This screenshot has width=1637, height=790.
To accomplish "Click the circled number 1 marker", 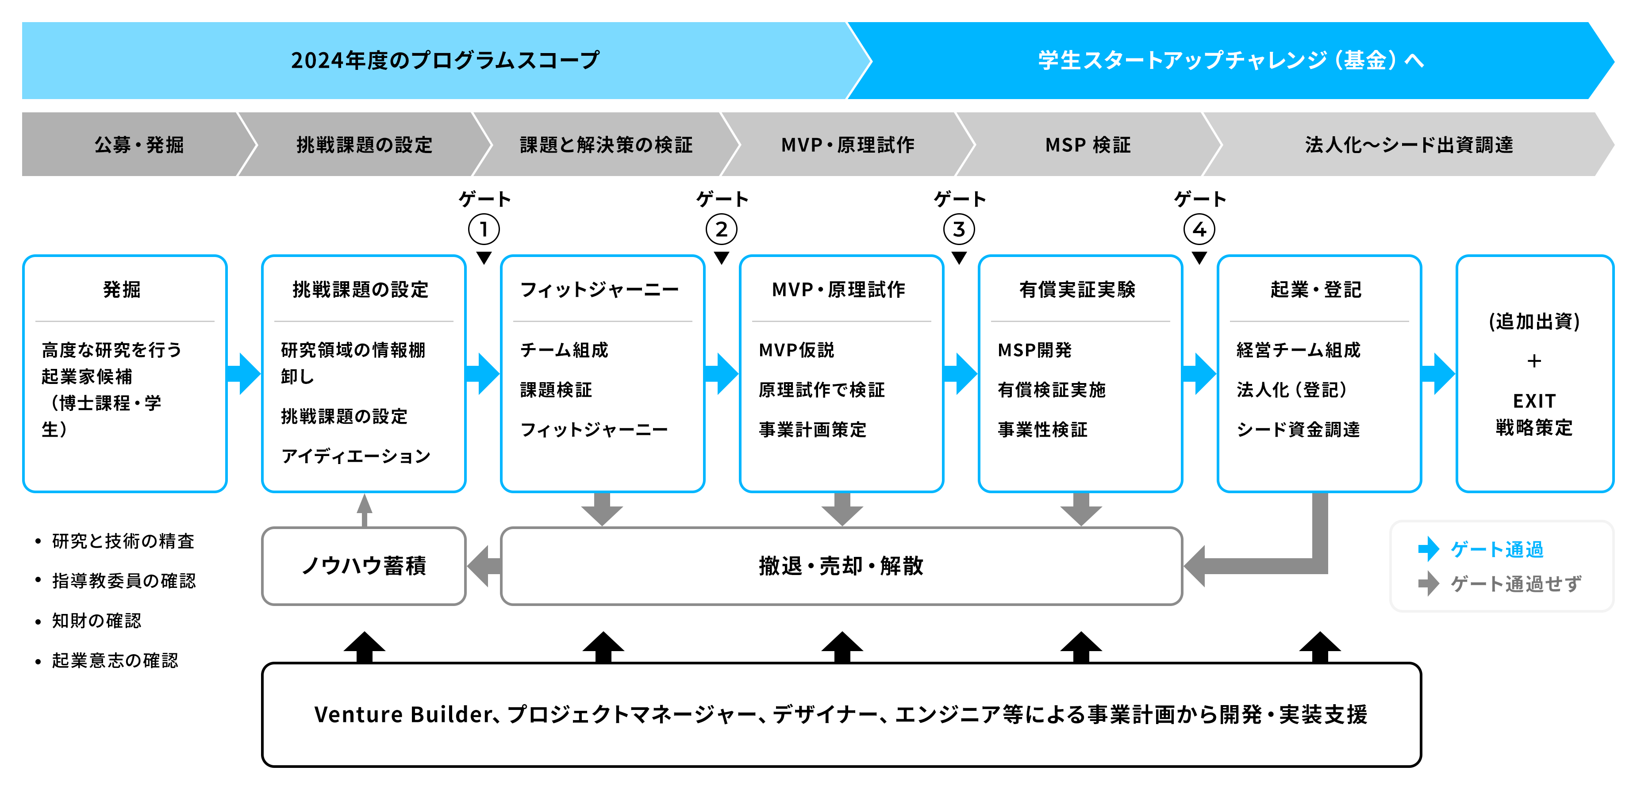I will [x=484, y=229].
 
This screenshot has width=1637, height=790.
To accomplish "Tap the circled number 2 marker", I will [x=721, y=229].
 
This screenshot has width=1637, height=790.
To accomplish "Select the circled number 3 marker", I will [x=959, y=229].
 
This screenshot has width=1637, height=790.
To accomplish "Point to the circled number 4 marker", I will [x=1199, y=229].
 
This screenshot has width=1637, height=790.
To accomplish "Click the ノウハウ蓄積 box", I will [x=364, y=565].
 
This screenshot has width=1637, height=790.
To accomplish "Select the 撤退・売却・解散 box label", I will [x=841, y=565].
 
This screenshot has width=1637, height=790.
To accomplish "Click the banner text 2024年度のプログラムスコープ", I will [x=445, y=61].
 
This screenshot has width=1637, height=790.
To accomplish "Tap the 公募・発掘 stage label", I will [x=139, y=145].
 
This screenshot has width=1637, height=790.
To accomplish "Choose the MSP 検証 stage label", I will [x=1087, y=145].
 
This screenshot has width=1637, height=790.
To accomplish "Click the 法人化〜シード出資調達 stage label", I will [x=1409, y=145].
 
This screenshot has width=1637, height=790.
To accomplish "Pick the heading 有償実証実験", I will [x=1077, y=290].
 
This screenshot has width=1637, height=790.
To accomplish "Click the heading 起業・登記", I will [x=1316, y=290].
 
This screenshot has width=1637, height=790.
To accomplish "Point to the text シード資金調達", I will [x=1298, y=430].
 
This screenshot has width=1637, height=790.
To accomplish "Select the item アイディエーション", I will [x=356, y=456].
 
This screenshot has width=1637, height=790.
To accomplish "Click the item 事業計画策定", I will [x=812, y=430].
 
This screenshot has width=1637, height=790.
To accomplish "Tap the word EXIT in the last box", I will [x=1534, y=401].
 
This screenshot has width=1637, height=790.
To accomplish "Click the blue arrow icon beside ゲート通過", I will [x=1429, y=549].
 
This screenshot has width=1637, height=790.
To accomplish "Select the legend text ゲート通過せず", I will [x=1516, y=583].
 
